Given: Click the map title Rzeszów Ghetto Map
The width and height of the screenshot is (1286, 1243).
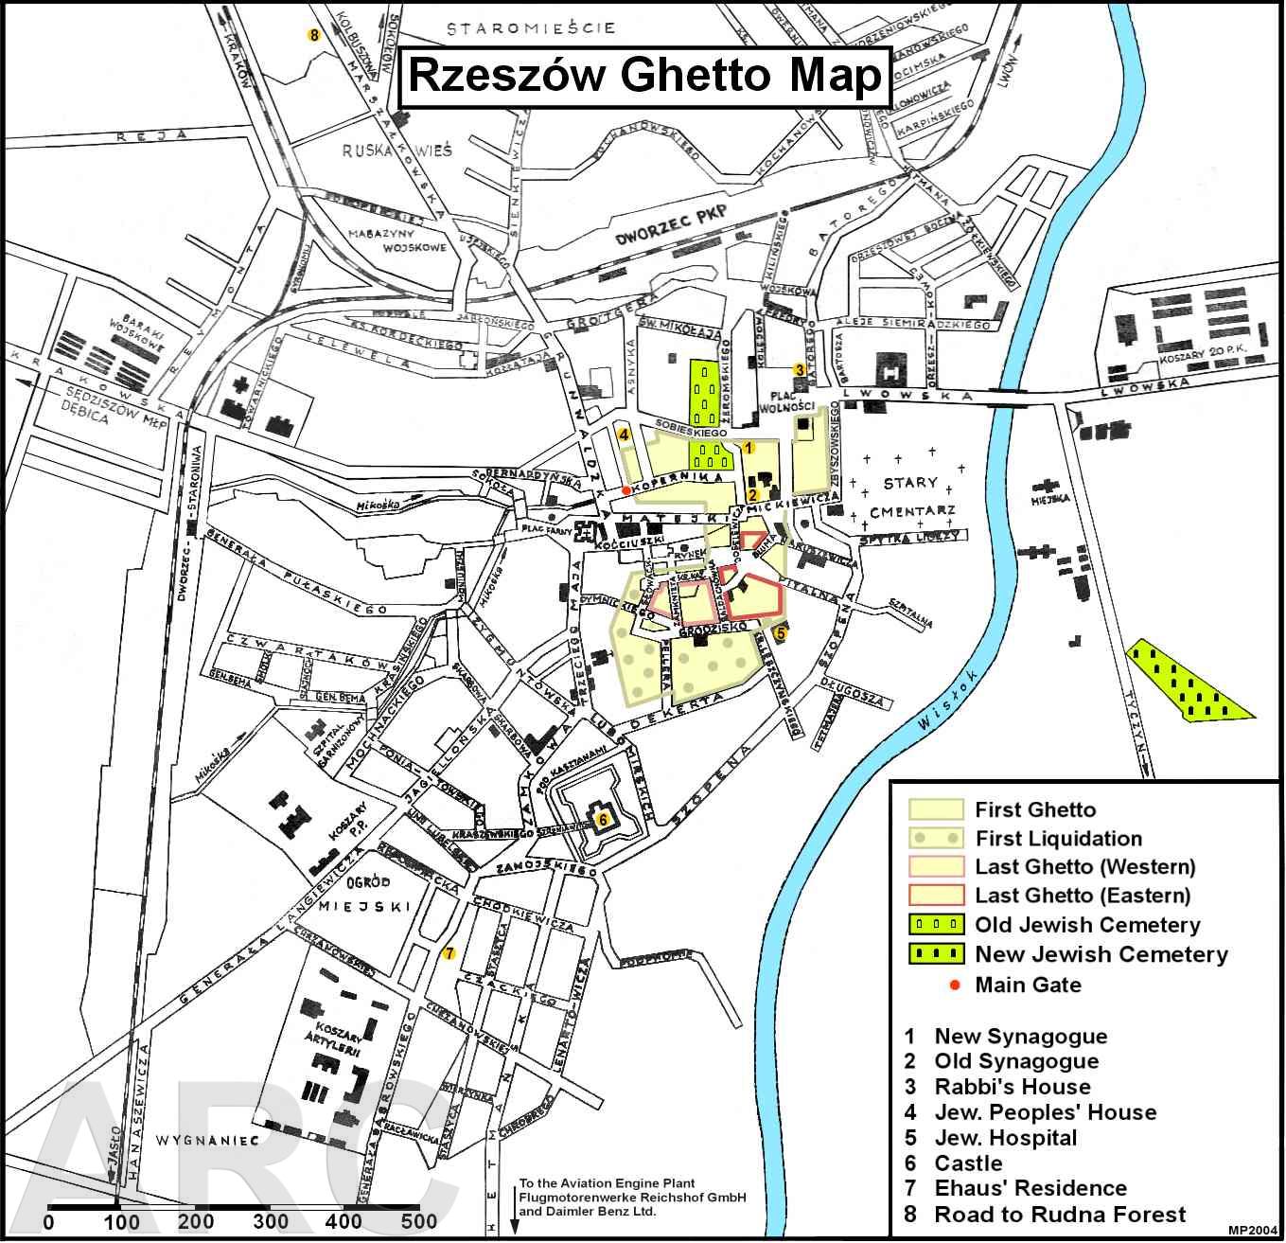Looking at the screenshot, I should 644,76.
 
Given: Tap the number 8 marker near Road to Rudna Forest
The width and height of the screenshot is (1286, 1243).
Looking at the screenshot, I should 314,35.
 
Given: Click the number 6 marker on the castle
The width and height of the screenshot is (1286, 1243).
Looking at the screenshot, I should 602,819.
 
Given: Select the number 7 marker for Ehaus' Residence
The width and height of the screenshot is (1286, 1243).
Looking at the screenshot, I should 449,953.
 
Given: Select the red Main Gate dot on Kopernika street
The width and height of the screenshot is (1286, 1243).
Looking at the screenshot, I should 626,489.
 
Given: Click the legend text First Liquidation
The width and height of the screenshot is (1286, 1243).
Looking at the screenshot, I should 1058,839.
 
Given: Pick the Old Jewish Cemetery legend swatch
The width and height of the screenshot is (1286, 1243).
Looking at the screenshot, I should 936,924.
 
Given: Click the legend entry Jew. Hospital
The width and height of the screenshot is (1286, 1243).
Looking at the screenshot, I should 1005,1138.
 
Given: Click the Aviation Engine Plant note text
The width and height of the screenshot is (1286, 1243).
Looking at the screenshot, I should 632,1197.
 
